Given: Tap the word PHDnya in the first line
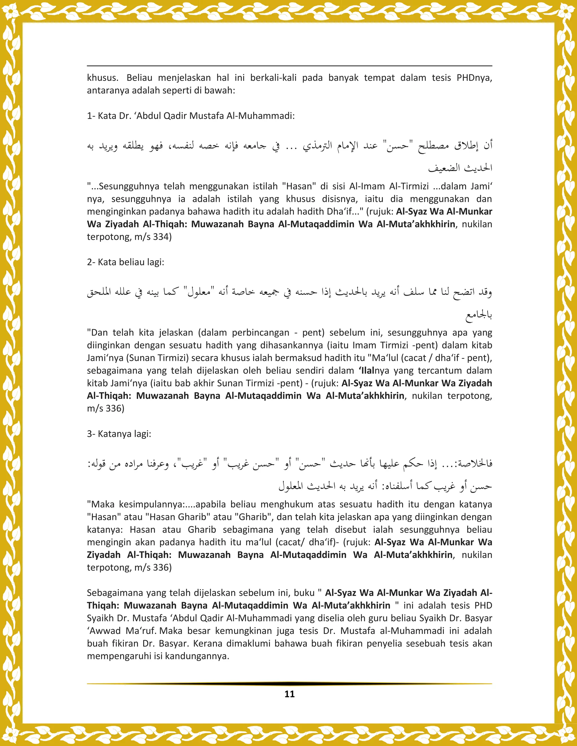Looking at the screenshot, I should click(x=474, y=78).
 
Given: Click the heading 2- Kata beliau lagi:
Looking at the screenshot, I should click(x=125, y=262).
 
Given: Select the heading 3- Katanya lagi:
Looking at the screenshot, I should click(x=119, y=434).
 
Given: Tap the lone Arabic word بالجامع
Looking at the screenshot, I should click(x=479, y=315).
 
